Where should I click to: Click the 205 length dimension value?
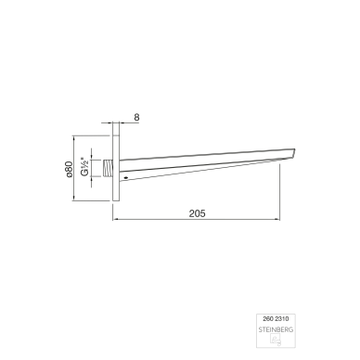(197, 213)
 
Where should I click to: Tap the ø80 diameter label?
(69, 169)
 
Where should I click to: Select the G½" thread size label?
(85, 167)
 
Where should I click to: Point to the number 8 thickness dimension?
(136, 117)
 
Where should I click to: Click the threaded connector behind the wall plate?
(108, 169)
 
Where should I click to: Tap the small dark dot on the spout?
(125, 177)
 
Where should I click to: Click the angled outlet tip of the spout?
(293, 153)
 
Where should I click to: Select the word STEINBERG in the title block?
(276, 329)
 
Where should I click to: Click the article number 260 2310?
(276, 318)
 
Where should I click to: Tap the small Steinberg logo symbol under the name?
(276, 340)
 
